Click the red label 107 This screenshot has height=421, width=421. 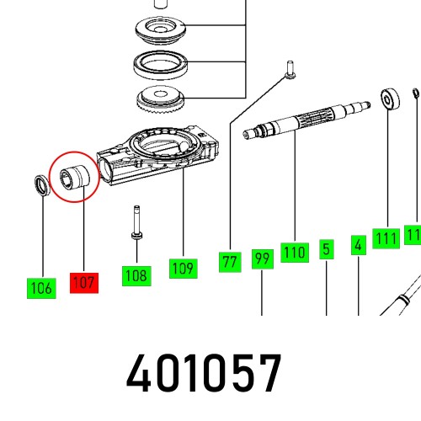point(84,282)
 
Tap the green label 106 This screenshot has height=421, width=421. point(41,289)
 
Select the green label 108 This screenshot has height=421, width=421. point(136,274)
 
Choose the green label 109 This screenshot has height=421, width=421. point(182,268)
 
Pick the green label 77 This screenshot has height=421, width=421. point(229,262)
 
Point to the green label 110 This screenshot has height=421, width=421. point(295,251)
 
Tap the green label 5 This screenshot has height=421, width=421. point(326,249)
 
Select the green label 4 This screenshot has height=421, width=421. point(358,245)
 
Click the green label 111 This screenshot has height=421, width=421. point(386,239)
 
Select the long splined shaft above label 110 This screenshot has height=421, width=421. point(307,121)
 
